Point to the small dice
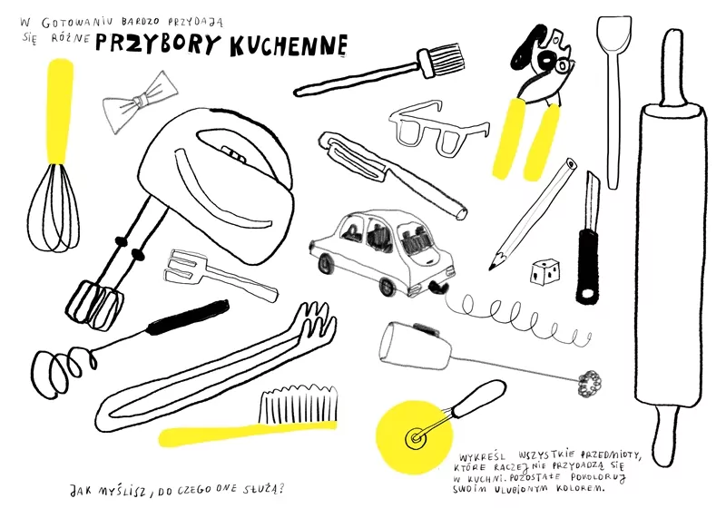545,272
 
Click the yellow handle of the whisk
60,111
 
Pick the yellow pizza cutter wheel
414,436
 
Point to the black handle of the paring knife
587,264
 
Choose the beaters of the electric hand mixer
94,304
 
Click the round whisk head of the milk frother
589,384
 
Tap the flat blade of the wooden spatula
614,34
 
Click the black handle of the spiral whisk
188,317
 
